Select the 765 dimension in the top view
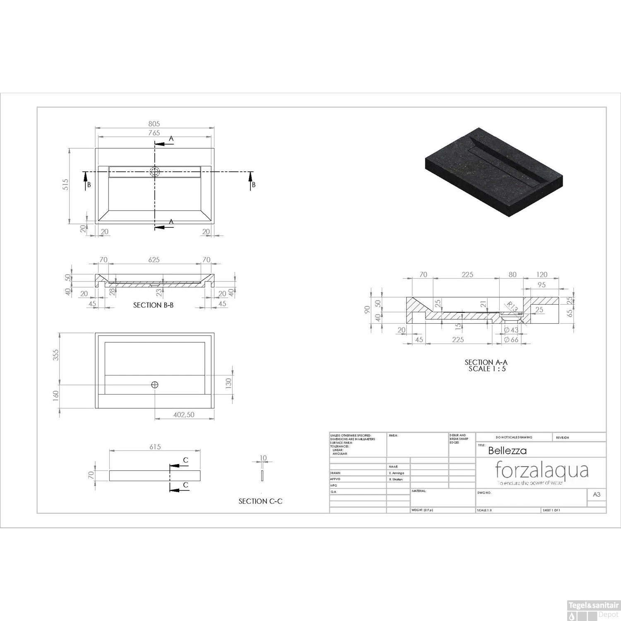tap(154, 133)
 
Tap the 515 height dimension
tap(65, 185)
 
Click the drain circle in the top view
tap(155, 172)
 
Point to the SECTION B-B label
tap(153, 305)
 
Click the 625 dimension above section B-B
tap(154, 260)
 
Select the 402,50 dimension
tap(184, 414)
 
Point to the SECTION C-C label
tap(260, 501)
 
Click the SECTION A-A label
tap(486, 362)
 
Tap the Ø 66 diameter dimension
tap(511, 340)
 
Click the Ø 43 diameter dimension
tap(511, 330)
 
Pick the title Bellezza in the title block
tap(507, 450)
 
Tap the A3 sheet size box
tap(597, 494)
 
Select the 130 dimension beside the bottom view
tap(228, 384)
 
